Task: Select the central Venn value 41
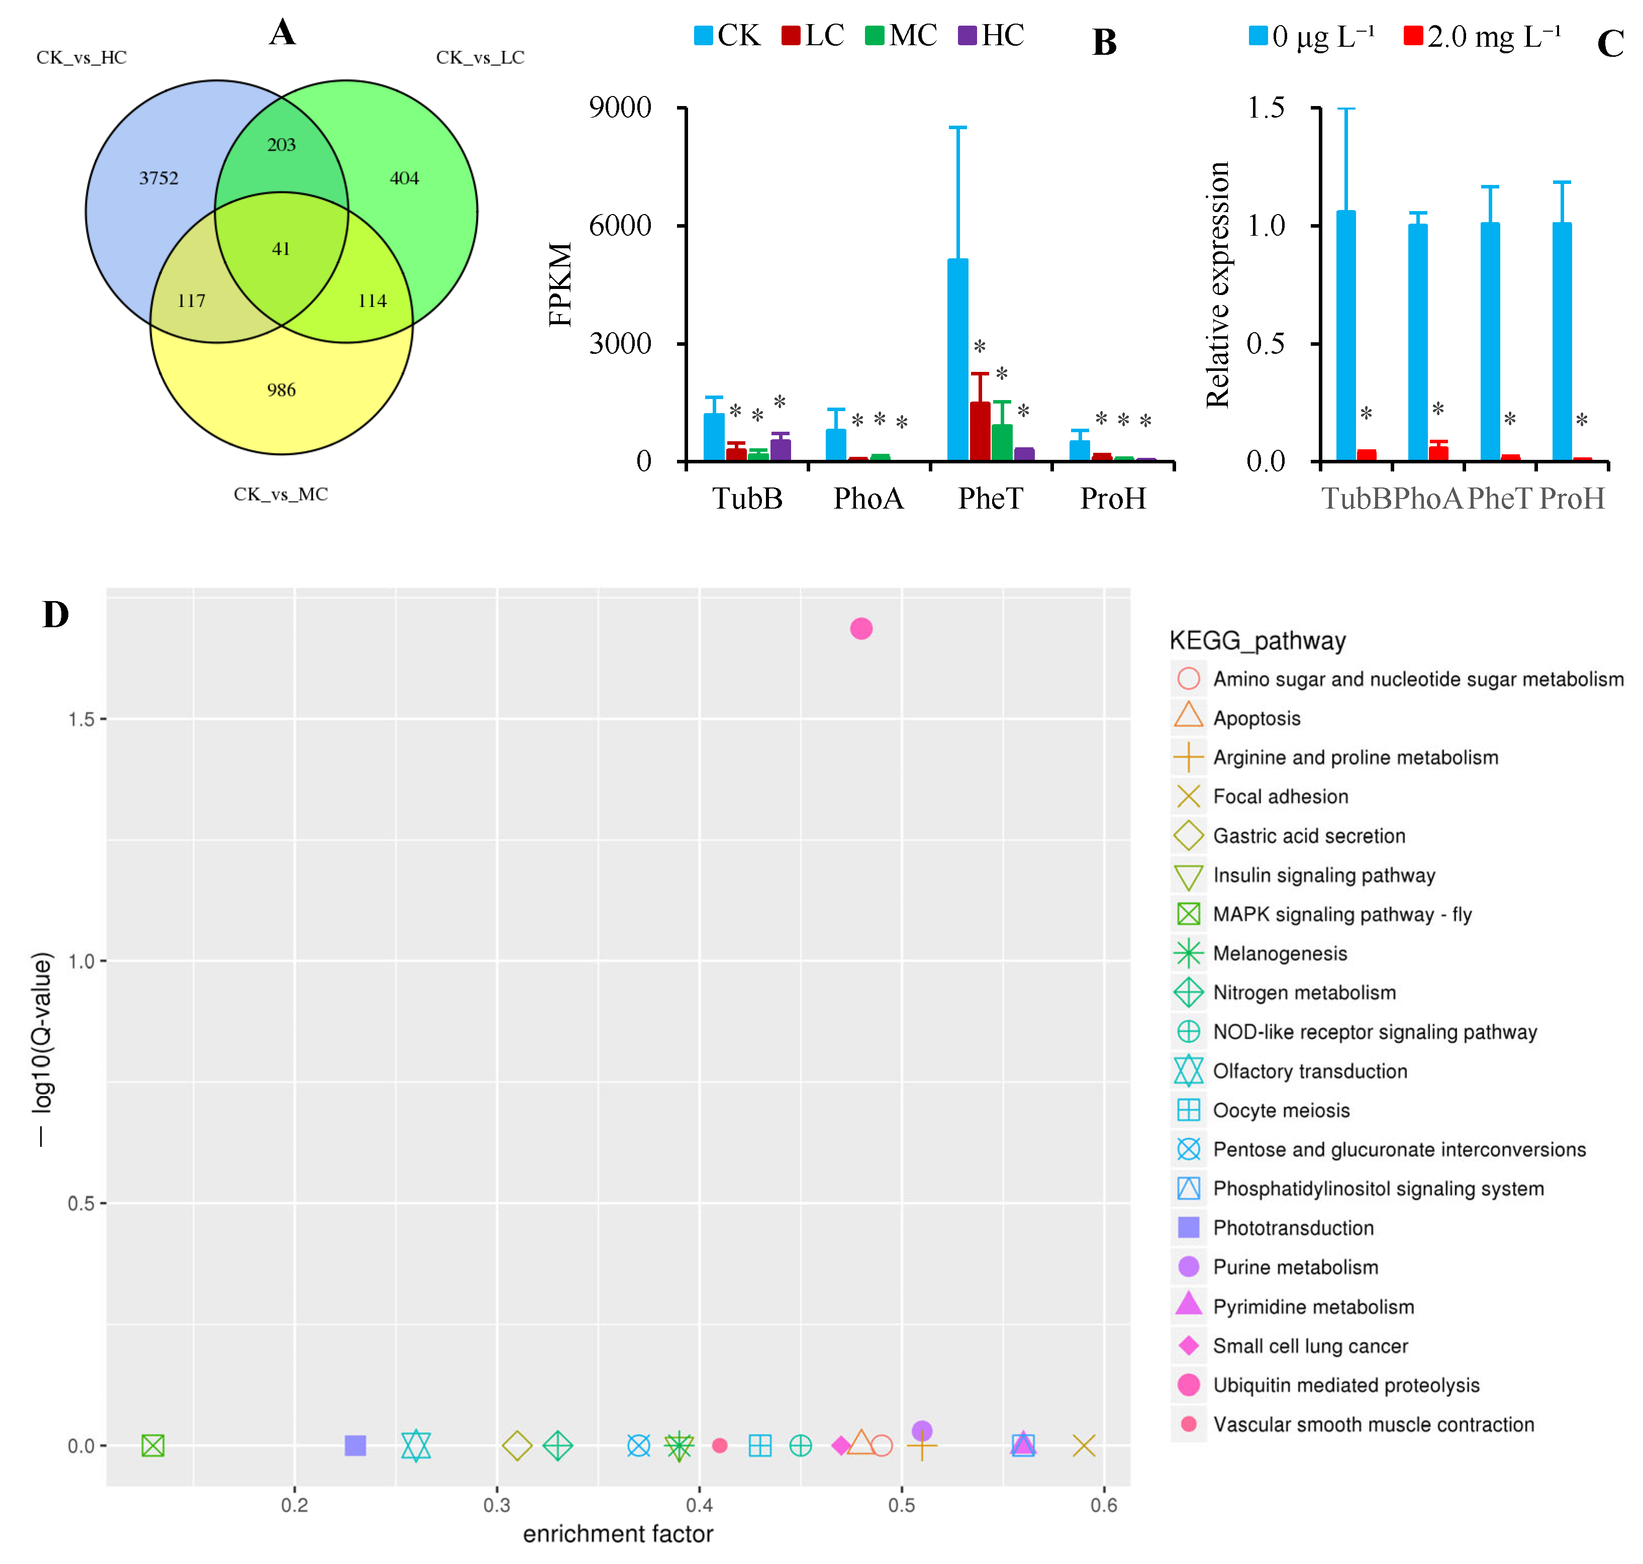[281, 248]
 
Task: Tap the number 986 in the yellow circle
[281, 390]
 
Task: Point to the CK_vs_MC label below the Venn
[281, 495]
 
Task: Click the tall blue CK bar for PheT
[958, 358]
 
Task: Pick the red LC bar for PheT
[980, 431]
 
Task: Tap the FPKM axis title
[560, 283]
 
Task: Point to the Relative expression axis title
[1217, 283]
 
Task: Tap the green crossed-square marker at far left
[153, 1445]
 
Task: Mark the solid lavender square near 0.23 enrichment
[355, 1445]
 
